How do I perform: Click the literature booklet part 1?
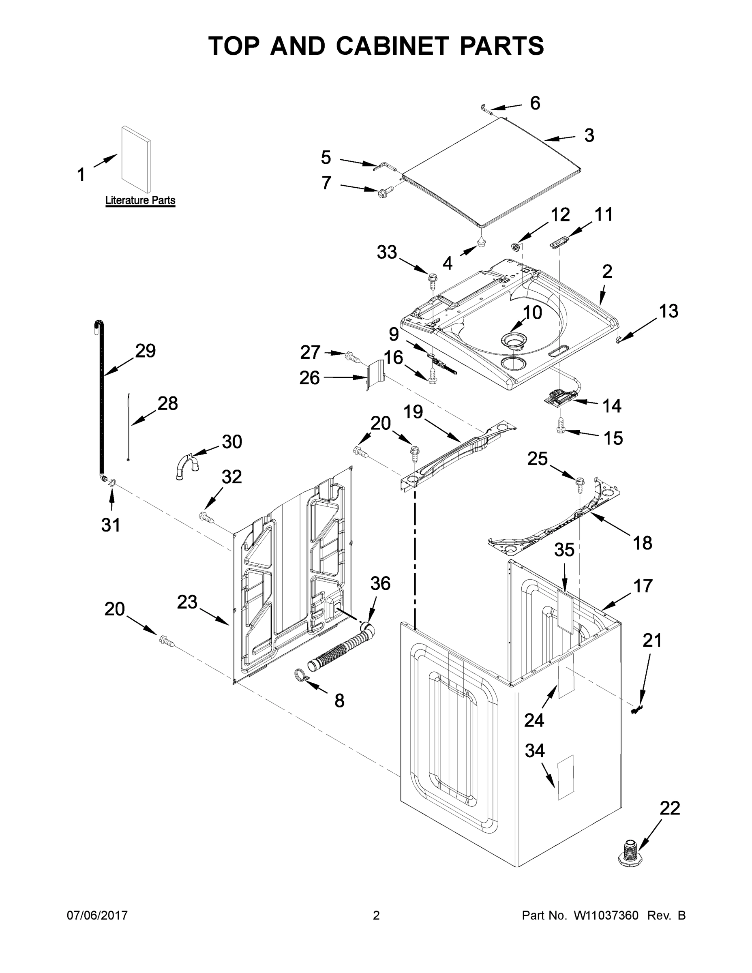[x=135, y=159]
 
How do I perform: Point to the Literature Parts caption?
[x=140, y=201]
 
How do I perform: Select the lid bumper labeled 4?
[x=482, y=242]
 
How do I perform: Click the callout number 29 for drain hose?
[x=145, y=351]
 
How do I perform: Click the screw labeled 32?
[x=206, y=517]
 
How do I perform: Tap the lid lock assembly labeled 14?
[x=558, y=396]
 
